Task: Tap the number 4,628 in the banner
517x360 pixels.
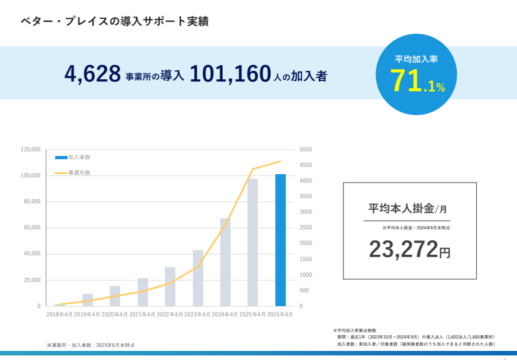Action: [x=92, y=75]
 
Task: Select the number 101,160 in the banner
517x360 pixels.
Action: [x=230, y=75]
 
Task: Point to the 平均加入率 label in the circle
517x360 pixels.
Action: [x=416, y=59]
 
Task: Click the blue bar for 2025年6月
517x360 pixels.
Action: [x=280, y=240]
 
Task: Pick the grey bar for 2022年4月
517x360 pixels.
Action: [x=170, y=286]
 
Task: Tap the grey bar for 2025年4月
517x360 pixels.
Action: [x=253, y=242]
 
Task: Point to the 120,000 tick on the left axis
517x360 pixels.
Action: [x=31, y=149]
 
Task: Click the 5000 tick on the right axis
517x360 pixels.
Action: [x=306, y=149]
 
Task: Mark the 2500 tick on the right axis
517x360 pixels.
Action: [x=306, y=227]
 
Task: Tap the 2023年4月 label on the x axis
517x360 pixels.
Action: [x=197, y=315]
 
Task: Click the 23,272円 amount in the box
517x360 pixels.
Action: [x=409, y=249]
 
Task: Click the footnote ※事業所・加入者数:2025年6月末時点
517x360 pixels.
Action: [x=90, y=345]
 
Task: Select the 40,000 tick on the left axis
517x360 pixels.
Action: [x=32, y=253]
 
